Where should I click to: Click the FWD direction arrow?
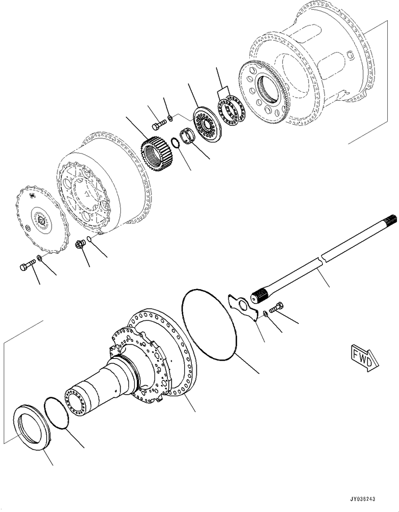[x=365, y=357]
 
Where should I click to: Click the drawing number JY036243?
[x=362, y=499]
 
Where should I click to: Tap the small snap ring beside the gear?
[x=175, y=143]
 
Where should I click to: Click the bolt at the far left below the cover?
[x=28, y=265]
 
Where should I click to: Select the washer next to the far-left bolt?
[x=39, y=258]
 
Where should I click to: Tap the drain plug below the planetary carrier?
[x=80, y=244]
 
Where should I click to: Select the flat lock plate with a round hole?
[x=243, y=307]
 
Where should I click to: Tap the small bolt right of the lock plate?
[x=276, y=307]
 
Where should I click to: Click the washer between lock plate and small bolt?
[x=266, y=314]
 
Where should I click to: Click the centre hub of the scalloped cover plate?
[x=41, y=221]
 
